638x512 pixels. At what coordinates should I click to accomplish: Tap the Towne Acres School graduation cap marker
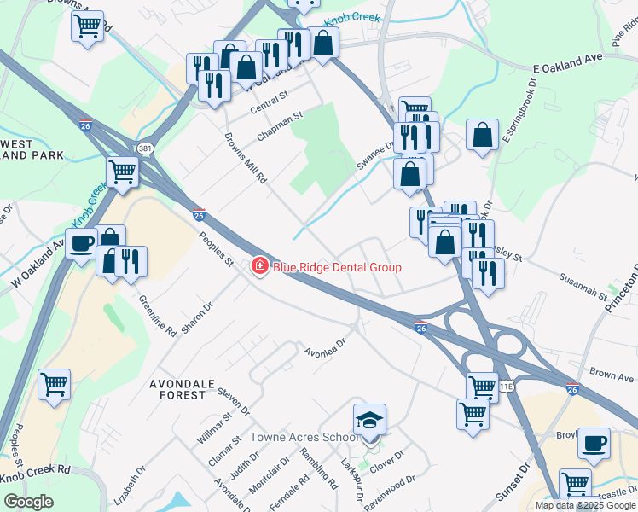point(370,420)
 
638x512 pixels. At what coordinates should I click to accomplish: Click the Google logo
point(28,502)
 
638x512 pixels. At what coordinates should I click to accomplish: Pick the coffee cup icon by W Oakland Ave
point(82,244)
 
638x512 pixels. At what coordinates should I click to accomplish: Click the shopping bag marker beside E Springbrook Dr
point(482,135)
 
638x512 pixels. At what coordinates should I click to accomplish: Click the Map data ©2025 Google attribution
point(586,505)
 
